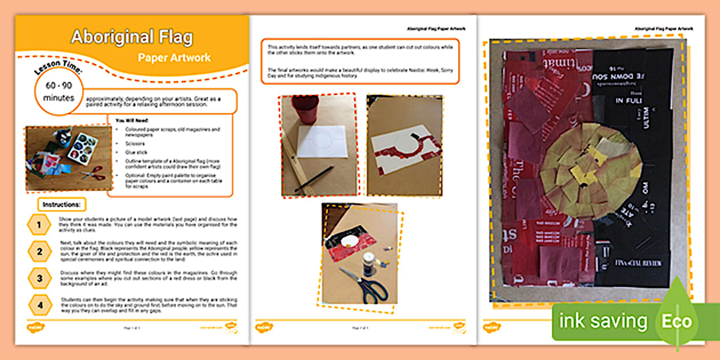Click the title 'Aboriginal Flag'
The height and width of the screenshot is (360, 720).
131,38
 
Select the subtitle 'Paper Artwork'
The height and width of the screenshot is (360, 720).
174,58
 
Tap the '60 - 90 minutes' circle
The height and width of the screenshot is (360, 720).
59,91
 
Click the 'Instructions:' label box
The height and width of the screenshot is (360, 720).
62,204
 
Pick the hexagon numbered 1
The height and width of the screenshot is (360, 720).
39,225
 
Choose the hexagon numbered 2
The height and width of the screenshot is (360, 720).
39,251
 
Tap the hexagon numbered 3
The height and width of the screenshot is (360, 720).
39,278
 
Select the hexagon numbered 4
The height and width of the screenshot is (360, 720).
39,305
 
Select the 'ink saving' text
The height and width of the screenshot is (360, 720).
603,322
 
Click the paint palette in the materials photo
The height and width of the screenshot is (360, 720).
83,147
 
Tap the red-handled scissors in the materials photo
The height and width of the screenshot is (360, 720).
93,173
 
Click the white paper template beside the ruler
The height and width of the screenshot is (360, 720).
322,142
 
